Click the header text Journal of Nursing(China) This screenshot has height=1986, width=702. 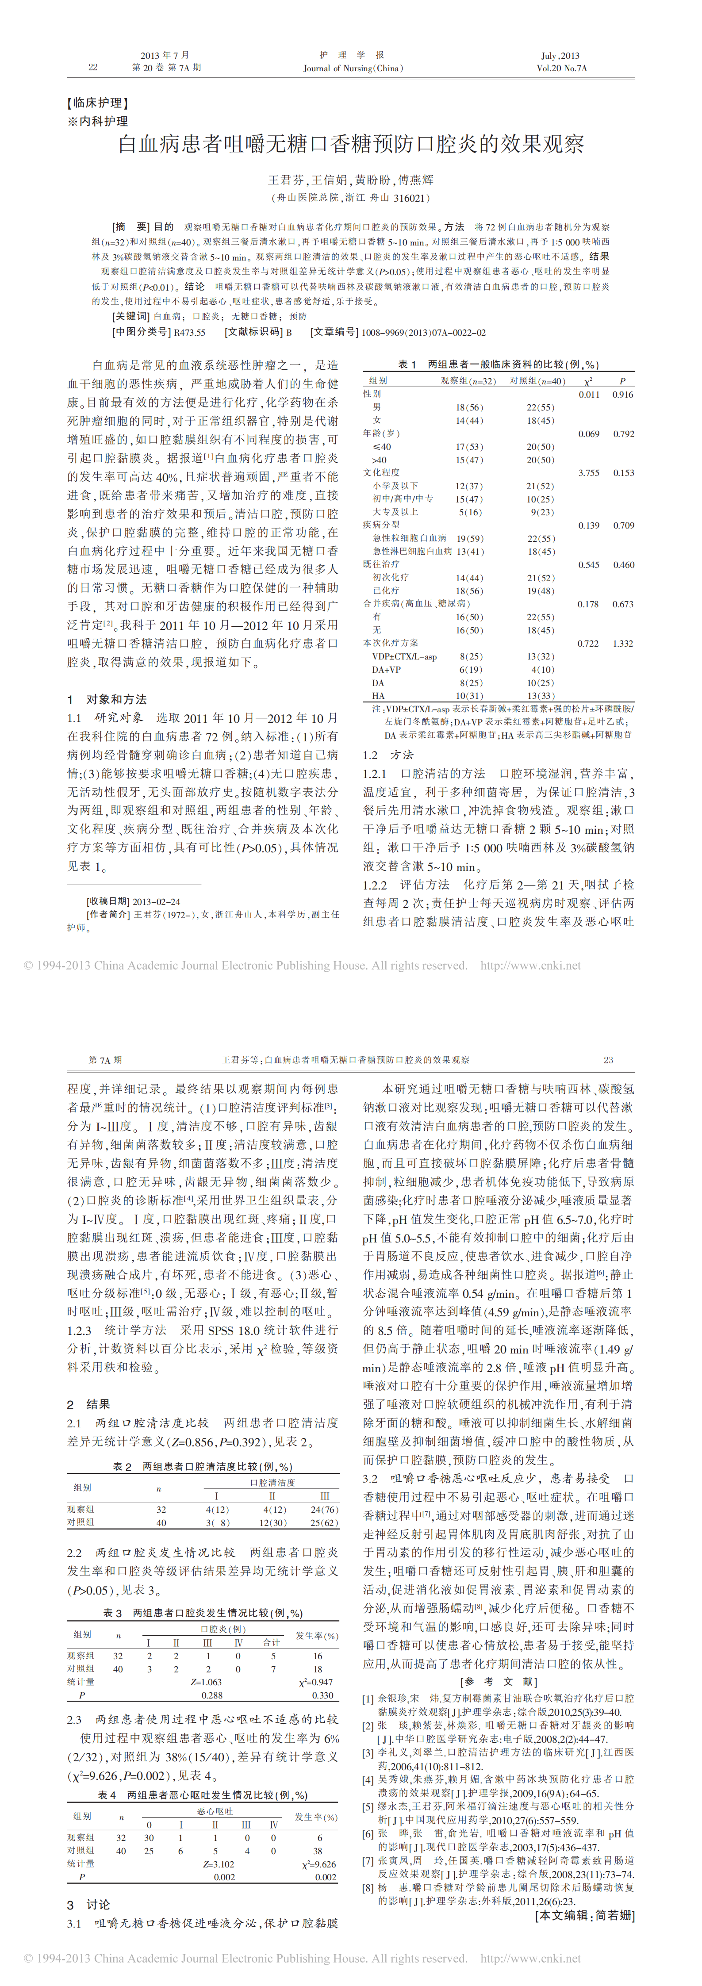point(353,68)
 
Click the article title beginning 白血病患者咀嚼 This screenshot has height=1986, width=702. point(351,144)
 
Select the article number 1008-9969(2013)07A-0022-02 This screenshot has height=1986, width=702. point(423,332)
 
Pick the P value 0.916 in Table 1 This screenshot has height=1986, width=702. point(622,394)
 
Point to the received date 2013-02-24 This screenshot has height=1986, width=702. point(157,901)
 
